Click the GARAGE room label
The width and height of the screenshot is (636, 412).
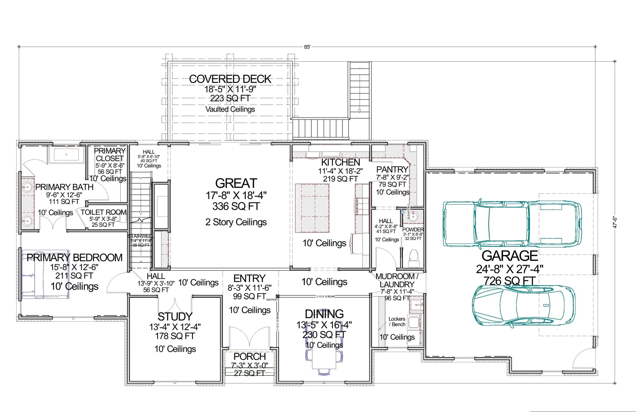coord(509,256)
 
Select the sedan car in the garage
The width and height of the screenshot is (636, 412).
coord(523,305)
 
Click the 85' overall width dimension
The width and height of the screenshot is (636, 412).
coord(307,47)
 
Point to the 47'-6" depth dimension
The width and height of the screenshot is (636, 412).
coord(615,222)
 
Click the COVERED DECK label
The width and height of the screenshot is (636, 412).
coord(230,79)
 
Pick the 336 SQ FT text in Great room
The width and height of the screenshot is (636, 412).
coord(236,206)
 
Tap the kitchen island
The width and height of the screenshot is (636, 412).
coord(312,208)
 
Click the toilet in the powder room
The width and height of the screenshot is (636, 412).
coord(414,256)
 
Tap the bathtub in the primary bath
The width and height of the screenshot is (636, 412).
coord(66,155)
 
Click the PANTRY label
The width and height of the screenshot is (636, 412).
coord(392,169)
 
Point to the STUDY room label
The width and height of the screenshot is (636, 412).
coord(175,317)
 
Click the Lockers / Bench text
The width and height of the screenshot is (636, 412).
coord(397,321)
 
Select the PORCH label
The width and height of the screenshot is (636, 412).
coord(250,356)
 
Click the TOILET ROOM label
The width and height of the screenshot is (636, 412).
coord(103,212)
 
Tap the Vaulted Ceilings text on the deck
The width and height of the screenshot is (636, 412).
coord(230,109)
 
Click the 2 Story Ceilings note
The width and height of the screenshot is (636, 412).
coord(236,222)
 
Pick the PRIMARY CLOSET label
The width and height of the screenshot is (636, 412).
coord(110,154)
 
